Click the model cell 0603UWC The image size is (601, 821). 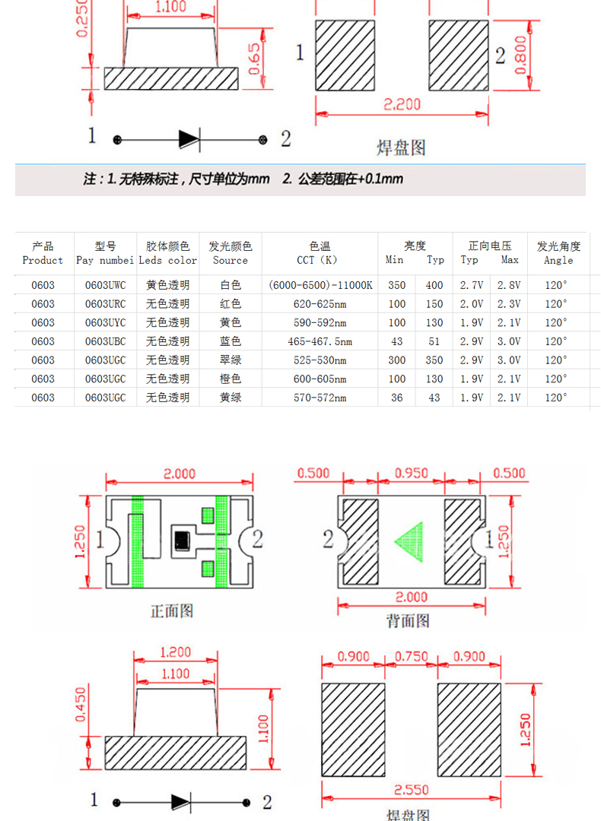point(105,285)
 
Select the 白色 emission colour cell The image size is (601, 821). point(230,285)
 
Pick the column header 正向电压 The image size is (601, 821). point(490,246)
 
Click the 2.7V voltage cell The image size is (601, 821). point(472,285)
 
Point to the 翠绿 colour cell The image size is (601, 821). point(230,360)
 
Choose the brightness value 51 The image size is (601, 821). point(434,341)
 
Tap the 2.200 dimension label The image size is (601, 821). point(402,104)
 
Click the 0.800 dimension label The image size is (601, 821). point(521,55)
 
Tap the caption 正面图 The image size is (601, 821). point(172,610)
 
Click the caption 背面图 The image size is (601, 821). point(409,621)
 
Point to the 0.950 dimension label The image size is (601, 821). point(412,473)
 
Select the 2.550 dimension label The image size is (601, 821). point(410,790)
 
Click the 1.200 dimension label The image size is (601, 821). point(176,651)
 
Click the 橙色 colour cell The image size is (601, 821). point(230,379)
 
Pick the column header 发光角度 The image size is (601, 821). point(558,246)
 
